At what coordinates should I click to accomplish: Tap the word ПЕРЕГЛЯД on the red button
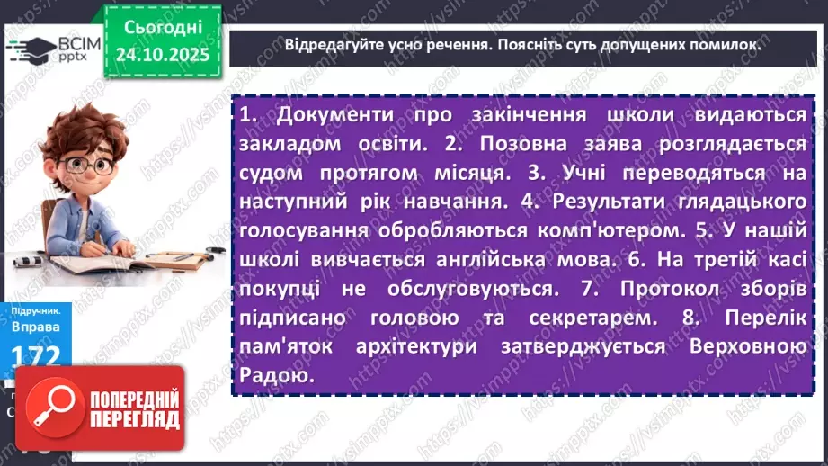click(135, 419)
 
